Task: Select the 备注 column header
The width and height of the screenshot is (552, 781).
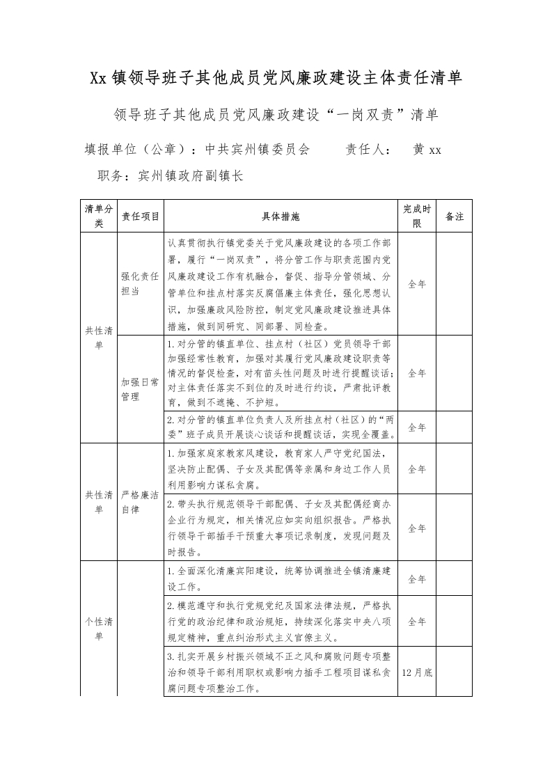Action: pyautogui.click(x=454, y=217)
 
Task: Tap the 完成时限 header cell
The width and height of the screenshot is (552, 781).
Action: pyautogui.click(x=417, y=217)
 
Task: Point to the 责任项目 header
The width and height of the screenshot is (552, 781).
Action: pyautogui.click(x=140, y=217)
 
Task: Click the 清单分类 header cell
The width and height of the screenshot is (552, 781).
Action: pyautogui.click(x=98, y=217)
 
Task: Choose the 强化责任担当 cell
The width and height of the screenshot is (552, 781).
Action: pyautogui.click(x=140, y=284)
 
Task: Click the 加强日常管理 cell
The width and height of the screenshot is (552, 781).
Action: pyautogui.click(x=140, y=389)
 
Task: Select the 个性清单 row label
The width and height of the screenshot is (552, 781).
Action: pyautogui.click(x=98, y=628)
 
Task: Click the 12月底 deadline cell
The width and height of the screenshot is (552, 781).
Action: pyautogui.click(x=417, y=673)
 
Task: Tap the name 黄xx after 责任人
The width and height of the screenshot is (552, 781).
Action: pyautogui.click(x=427, y=150)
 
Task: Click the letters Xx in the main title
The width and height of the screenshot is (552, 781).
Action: pyautogui.click(x=98, y=78)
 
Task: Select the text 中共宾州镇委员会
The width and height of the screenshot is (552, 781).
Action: pyautogui.click(x=257, y=150)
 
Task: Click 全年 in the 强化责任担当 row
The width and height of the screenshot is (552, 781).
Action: pyautogui.click(x=417, y=284)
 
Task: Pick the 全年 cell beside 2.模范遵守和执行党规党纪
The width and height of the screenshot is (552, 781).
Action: pyautogui.click(x=417, y=622)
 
